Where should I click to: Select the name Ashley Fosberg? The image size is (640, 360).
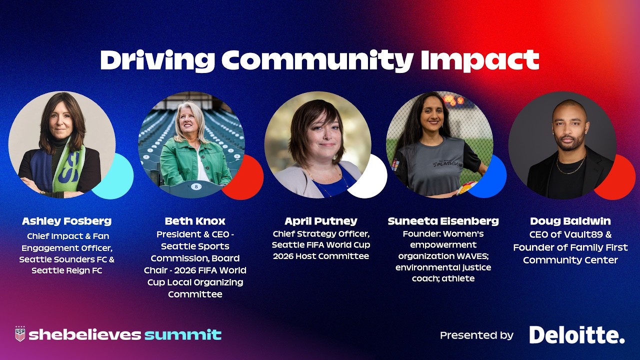(x=66, y=221)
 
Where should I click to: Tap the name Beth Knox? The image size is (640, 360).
(x=195, y=221)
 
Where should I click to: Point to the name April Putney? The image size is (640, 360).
(x=321, y=221)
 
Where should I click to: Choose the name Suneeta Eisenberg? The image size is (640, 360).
(x=443, y=221)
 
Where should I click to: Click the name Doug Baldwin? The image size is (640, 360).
(x=570, y=221)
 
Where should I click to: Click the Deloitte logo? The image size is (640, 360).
(x=577, y=335)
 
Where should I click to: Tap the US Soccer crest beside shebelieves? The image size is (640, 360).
(x=20, y=334)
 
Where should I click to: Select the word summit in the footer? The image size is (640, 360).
(x=183, y=334)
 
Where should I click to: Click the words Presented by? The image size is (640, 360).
(x=476, y=335)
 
